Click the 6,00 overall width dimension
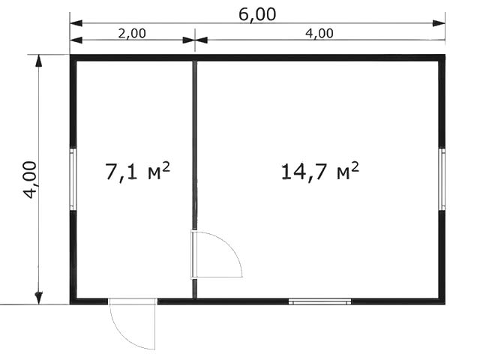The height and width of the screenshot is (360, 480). click(257, 15)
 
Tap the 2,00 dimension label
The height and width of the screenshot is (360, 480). click(132, 33)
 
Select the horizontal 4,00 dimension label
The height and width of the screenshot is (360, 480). click(319, 33)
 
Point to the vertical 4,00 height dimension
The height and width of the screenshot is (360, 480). click(30, 180)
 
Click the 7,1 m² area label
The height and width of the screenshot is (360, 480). click(137, 172)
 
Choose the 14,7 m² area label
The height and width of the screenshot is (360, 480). click(320, 172)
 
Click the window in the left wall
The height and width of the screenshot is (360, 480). click(73, 179)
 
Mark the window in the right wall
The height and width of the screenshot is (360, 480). click(442, 179)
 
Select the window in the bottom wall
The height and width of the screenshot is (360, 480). click(320, 301)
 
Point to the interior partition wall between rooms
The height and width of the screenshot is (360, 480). click(195, 145)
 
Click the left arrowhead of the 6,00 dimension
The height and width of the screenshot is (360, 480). click(76, 23)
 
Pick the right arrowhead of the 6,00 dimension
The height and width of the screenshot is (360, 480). click(439, 23)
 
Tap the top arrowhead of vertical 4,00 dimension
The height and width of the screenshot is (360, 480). click(38, 61)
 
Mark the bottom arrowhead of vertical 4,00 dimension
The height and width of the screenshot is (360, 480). click(38, 298)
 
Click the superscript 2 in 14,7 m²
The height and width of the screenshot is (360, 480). click(355, 167)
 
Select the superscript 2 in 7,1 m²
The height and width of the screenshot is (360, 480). click(166, 167)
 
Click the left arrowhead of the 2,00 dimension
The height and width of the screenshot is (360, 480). click(76, 40)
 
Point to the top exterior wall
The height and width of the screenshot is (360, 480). click(257, 58)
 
